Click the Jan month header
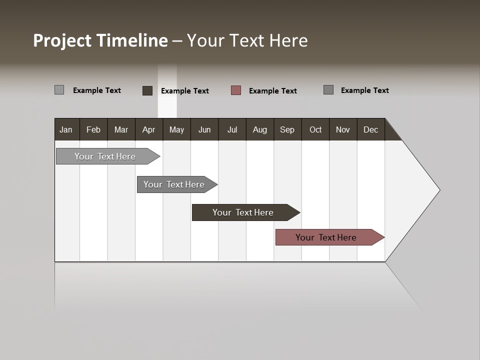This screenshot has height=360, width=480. [66, 129]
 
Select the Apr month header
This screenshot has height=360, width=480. [148, 129]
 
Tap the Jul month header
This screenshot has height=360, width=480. [232, 129]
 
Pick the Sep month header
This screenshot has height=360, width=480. [287, 129]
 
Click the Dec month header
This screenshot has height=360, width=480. [370, 129]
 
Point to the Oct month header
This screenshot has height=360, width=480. [315, 129]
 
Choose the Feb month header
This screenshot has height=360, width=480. [93, 129]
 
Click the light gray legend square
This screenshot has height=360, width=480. [59, 90]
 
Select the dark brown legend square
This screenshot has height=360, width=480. [147, 90]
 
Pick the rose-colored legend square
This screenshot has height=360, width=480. [236, 90]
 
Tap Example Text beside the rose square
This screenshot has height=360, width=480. [272, 91]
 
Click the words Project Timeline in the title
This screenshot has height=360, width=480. [100, 40]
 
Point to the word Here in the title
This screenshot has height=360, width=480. [288, 40]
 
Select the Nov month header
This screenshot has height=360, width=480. [343, 129]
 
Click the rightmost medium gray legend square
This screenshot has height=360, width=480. [328, 90]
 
